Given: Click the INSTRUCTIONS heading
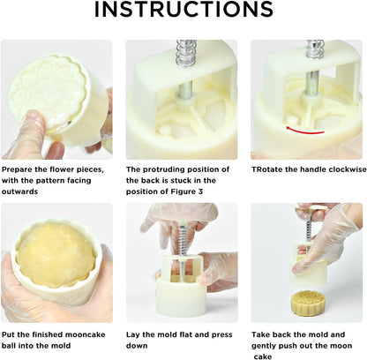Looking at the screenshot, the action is (x=183, y=10).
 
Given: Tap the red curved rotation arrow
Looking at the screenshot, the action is (x=304, y=132).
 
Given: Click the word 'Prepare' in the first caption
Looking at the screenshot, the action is (x=17, y=169).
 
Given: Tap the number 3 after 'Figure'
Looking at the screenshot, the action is (x=200, y=191).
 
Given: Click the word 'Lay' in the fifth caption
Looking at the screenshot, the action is (x=133, y=335).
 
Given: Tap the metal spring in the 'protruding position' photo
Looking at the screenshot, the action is (x=186, y=53).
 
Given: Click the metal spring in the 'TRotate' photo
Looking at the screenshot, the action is (x=315, y=49).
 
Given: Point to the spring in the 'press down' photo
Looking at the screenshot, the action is (x=183, y=240).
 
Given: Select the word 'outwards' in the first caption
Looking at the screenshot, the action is (x=19, y=191).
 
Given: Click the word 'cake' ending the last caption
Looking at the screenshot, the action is (x=263, y=356).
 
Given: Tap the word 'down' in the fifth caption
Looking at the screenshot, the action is (x=137, y=346).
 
